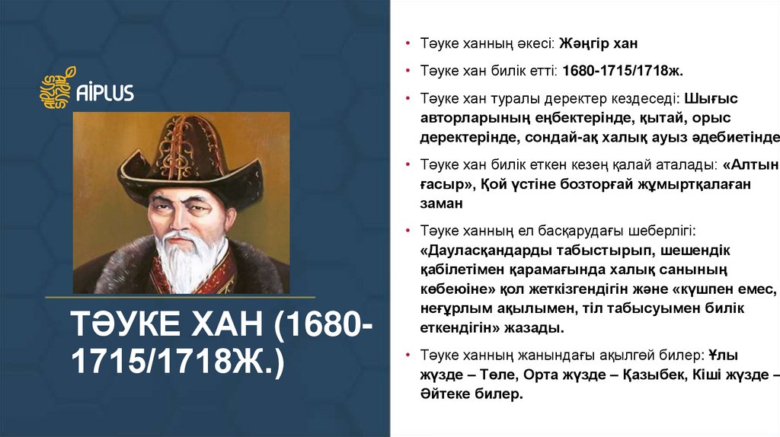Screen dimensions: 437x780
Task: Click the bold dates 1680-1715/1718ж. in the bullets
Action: pos(623,71)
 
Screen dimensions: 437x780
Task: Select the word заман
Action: pos(441,203)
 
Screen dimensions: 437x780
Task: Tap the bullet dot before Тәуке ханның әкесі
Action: pos(408,44)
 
